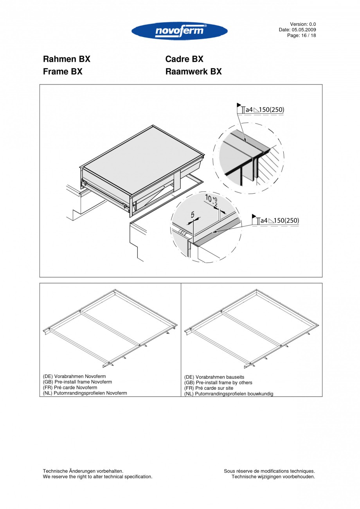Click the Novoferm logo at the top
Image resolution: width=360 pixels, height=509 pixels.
[x=180, y=31]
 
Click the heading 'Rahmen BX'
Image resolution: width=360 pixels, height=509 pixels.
[x=67, y=59]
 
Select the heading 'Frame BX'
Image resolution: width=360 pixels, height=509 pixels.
[x=63, y=72]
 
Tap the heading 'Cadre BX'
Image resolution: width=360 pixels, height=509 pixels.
[x=184, y=59]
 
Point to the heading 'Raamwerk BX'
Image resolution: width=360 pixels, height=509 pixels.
[x=193, y=72]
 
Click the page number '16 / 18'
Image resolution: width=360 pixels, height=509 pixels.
[x=307, y=35]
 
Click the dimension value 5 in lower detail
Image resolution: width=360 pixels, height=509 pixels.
[x=193, y=215]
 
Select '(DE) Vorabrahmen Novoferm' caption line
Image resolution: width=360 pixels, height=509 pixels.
[x=74, y=376]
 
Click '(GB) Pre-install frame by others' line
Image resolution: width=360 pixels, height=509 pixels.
[x=218, y=383]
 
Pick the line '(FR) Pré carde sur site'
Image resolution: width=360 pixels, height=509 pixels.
[x=209, y=388]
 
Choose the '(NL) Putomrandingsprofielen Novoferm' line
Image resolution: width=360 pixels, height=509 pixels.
[x=85, y=393]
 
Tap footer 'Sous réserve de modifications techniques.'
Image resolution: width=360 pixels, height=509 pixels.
[x=269, y=471]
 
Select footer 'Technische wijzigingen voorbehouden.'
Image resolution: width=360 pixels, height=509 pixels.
[x=273, y=477]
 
